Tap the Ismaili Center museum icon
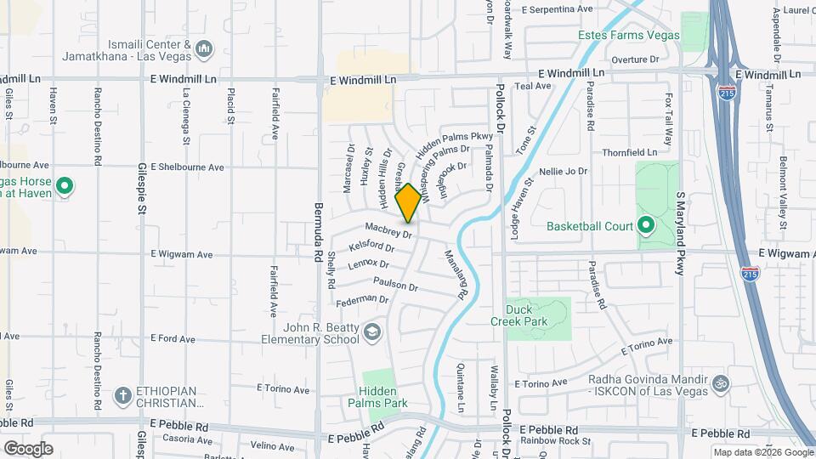pos(203,50)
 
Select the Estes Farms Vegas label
pos(629,35)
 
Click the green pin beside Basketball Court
pos(645,226)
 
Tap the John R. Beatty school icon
pos(371,331)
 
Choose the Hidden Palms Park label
pos(377,397)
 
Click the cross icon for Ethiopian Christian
pos(123,395)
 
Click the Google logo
pos(27,448)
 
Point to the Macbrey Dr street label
pos(388,229)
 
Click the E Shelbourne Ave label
pos(187,167)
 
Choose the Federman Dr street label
pos(362,300)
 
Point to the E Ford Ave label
pos(173,338)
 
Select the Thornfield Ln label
pos(628,152)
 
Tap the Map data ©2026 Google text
pos(762,452)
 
